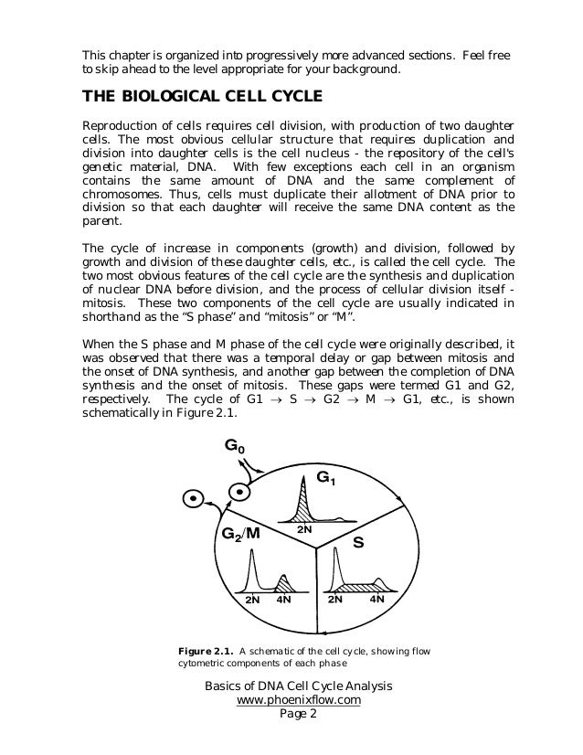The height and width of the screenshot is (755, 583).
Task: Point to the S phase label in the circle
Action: click(x=358, y=542)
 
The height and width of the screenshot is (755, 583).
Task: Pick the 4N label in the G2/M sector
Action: click(x=283, y=601)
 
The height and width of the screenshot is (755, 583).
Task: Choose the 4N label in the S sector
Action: click(x=376, y=600)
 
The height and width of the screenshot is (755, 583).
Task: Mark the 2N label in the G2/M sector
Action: click(x=252, y=601)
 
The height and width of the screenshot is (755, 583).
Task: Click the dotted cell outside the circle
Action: click(x=192, y=499)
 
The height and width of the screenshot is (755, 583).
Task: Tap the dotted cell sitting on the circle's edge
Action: click(x=238, y=491)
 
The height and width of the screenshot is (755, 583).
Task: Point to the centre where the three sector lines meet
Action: click(x=316, y=548)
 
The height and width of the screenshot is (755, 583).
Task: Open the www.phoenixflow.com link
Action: click(x=298, y=700)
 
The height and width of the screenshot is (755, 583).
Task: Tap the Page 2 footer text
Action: click(x=297, y=715)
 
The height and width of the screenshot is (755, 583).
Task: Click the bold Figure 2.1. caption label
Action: click(x=205, y=651)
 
